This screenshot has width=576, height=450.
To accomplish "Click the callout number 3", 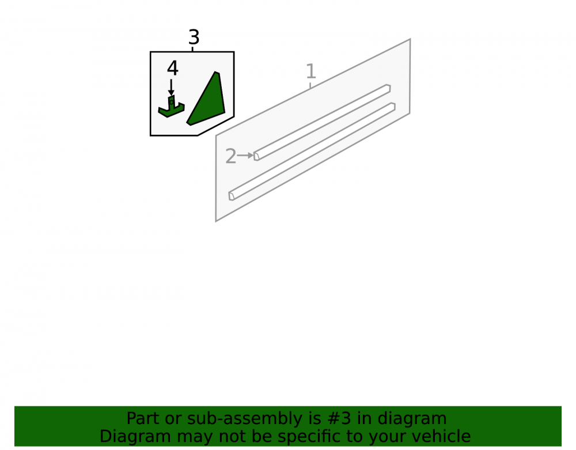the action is (x=194, y=37).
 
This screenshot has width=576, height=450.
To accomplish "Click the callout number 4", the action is (x=172, y=68).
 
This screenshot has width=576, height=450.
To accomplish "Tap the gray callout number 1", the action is (x=311, y=71).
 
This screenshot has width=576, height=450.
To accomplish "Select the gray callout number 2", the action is (x=230, y=156).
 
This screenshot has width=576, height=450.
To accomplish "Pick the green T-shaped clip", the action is (x=171, y=107).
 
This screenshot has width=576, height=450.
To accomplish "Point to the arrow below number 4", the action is (x=171, y=88).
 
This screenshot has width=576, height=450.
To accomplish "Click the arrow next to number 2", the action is (x=245, y=156).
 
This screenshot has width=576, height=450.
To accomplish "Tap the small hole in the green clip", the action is (x=171, y=102).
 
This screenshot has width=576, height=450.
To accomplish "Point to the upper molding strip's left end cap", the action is (x=256, y=156).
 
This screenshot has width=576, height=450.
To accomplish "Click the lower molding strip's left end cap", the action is (x=232, y=196).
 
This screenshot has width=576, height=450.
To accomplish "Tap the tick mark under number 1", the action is (x=310, y=85).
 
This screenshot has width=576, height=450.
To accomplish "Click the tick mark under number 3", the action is (x=192, y=49).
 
